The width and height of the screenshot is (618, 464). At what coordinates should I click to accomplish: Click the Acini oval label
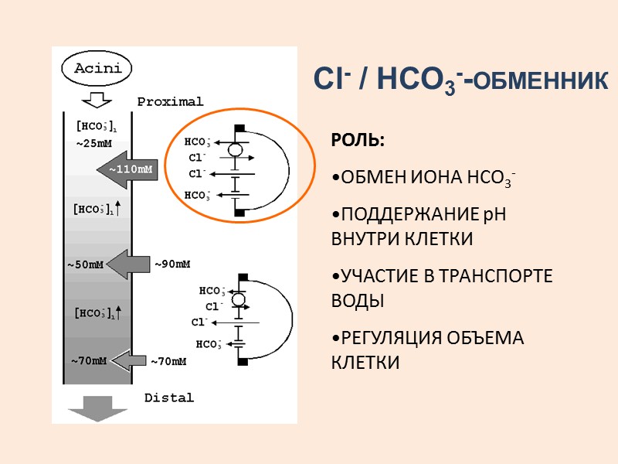coord(97,68)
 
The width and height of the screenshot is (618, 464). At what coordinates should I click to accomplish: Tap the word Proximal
coord(170,101)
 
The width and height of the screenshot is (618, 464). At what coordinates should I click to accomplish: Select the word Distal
coord(169,397)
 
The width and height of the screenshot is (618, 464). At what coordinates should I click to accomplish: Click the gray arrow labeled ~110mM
coord(127,169)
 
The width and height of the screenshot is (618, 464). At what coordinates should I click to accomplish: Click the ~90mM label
coord(172,264)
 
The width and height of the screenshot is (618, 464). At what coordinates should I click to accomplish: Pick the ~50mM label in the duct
coord(86,265)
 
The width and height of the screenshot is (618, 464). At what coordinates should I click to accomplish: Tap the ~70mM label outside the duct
coord(168,360)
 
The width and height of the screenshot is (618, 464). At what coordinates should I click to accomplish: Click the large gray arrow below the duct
coord(97,408)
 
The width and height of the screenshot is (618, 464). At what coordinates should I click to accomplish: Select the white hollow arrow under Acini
coord(97,100)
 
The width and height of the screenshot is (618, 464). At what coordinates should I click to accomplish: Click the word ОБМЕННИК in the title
coord(539,80)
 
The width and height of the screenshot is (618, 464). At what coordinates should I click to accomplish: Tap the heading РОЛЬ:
coord(358,141)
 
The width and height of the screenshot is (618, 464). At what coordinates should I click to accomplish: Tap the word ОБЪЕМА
coord(494,338)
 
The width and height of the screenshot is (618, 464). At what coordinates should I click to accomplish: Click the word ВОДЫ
coord(358,300)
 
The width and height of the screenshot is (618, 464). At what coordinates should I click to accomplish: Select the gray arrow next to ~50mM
coord(127,264)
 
